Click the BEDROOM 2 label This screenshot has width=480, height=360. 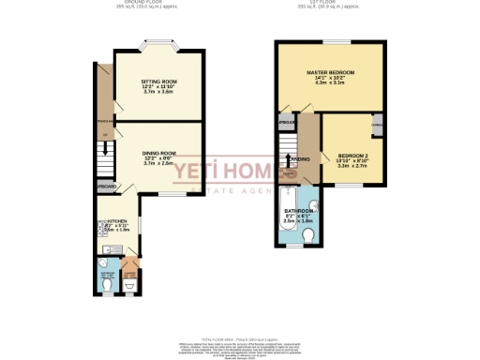click(349, 160)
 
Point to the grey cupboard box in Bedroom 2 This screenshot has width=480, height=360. click(377, 127)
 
